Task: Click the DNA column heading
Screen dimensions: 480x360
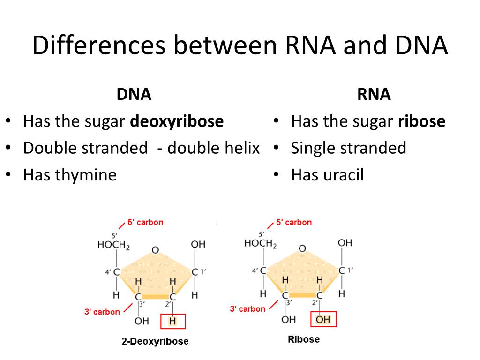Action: (134, 95)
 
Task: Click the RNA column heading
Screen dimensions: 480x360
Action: (374, 95)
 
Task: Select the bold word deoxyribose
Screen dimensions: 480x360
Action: (177, 122)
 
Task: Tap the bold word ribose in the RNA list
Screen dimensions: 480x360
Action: (422, 122)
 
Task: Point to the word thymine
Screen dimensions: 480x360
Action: (86, 175)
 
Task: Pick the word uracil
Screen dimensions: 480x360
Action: (343, 175)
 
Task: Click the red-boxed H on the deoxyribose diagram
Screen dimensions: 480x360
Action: (173, 321)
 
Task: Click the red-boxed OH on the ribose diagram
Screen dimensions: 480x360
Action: (323, 320)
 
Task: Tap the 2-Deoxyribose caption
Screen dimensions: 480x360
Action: (155, 341)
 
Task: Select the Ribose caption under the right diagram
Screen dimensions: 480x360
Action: (304, 339)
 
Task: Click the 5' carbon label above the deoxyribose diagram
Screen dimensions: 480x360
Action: (145, 222)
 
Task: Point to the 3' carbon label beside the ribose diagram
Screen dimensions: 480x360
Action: (247, 309)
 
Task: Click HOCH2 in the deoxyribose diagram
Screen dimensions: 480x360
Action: (113, 245)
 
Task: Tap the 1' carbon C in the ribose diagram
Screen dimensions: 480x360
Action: (342, 270)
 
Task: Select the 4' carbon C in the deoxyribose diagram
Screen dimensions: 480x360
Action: (116, 272)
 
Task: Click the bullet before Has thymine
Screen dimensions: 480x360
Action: (8, 175)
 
